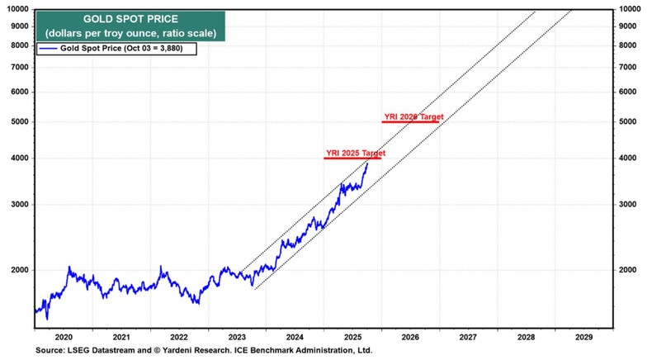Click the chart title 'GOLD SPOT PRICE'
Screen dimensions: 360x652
coord(114,18)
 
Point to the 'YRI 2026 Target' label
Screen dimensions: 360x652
coord(413,117)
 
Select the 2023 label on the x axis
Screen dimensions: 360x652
coord(236,337)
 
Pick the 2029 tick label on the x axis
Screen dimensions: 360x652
coord(583,337)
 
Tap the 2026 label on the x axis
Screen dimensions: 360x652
coord(410,337)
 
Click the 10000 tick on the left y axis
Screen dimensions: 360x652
coord(17,9)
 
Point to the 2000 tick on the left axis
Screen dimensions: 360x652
coord(19,270)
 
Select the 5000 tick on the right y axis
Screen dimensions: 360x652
coord(630,121)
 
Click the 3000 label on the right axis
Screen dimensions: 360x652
coord(630,205)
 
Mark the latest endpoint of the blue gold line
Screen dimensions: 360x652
coord(367,163)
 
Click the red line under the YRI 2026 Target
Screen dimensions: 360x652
coord(410,122)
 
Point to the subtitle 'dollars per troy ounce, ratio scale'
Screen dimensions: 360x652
coord(114,32)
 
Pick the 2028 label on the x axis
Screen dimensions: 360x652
coord(525,337)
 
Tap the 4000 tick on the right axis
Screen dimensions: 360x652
coord(630,158)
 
